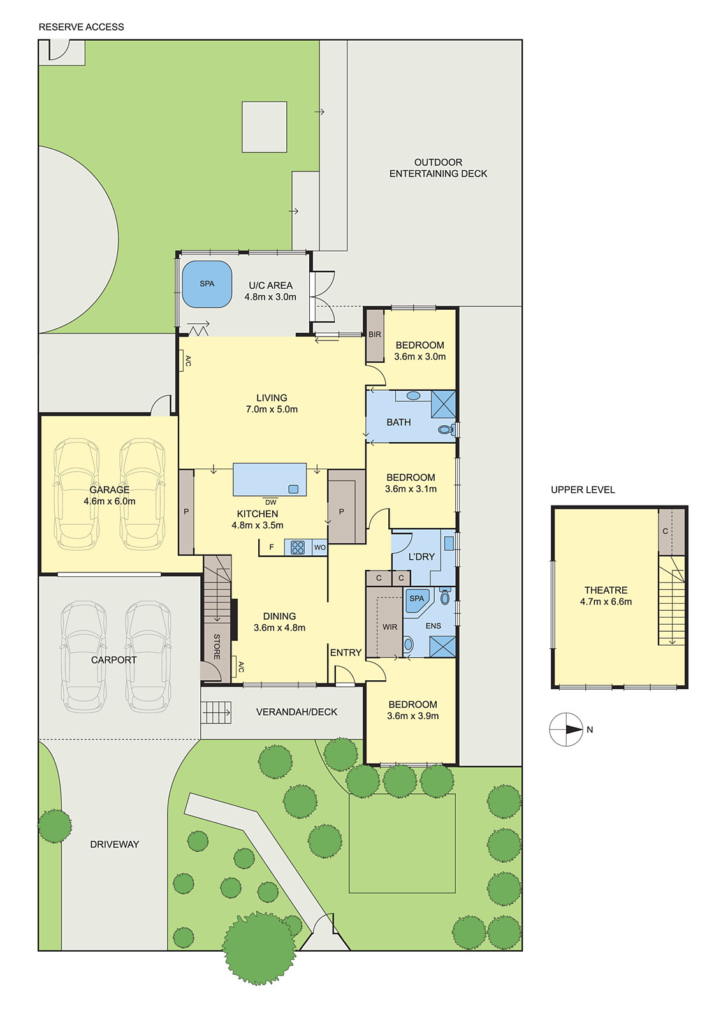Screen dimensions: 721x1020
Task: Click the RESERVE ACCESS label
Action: point(81,27)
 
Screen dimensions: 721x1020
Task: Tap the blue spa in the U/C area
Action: point(207,284)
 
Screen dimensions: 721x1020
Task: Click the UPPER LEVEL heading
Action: point(583,490)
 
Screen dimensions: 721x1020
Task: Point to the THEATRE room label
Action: point(606,590)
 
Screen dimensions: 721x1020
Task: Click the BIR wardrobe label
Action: point(375,335)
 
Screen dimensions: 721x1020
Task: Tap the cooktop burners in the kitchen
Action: point(298,548)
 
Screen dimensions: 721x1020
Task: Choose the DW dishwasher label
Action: point(271,502)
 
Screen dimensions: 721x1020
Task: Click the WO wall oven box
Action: point(320,548)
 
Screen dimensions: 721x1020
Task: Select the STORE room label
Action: point(217,646)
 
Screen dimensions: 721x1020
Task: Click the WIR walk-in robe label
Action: point(390,627)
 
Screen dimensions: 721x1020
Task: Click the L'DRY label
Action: point(421,557)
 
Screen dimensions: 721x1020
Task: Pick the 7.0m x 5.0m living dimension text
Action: point(272,409)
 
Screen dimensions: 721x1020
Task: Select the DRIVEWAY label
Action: point(114,844)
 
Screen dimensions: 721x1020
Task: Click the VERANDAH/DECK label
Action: point(296,711)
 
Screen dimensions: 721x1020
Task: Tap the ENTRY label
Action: point(346,653)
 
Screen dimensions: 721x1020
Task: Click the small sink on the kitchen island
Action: point(294,490)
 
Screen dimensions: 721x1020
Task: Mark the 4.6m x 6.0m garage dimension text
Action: point(109,501)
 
